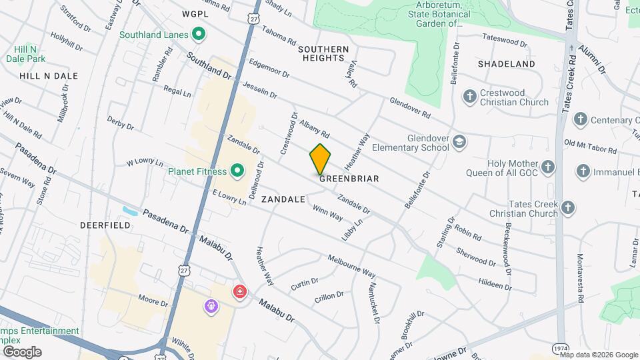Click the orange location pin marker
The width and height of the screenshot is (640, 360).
pos(320,159)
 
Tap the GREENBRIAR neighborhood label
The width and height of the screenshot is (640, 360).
pos(349,179)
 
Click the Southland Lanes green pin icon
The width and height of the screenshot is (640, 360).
pos(197,34)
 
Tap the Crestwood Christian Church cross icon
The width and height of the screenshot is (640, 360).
pos(470,97)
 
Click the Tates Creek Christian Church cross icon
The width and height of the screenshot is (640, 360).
pos(568,208)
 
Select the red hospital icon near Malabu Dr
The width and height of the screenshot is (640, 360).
pos(239,291)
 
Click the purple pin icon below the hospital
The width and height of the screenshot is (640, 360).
pos(212,306)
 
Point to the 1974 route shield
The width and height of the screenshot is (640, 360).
pos(561,349)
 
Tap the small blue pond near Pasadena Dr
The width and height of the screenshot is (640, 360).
pos(130,211)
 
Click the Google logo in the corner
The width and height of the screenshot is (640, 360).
pos(22,351)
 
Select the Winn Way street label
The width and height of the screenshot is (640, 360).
pos(328,212)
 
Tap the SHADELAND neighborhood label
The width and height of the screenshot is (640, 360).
pos(506,64)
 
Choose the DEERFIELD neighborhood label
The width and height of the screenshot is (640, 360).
pos(105,226)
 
